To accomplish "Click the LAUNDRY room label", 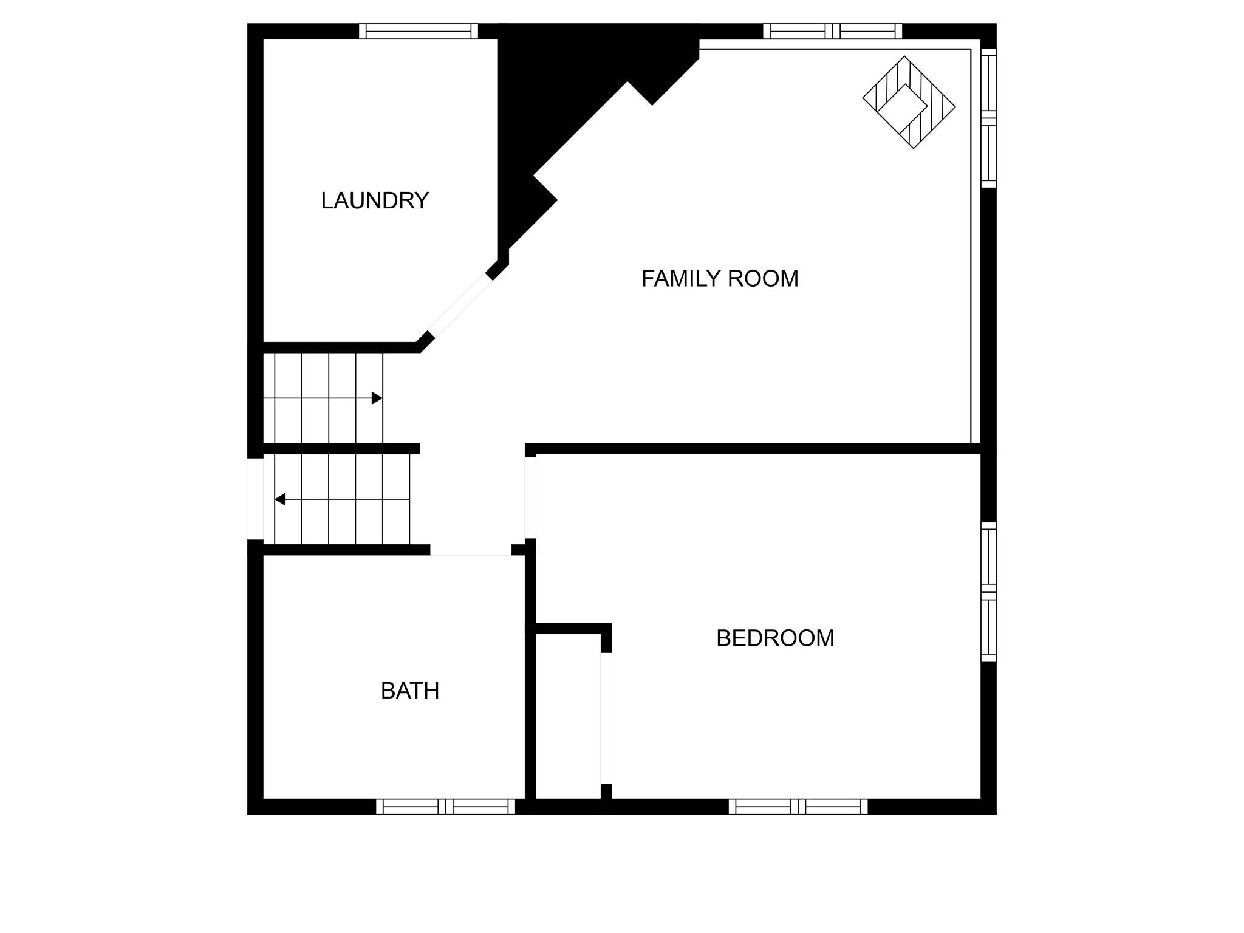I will (x=375, y=200).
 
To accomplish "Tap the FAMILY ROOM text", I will (x=720, y=279).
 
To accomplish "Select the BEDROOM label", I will (x=775, y=638).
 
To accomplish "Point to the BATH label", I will (x=410, y=691).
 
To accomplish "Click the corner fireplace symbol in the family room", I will (x=909, y=103).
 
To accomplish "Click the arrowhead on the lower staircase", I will (x=280, y=499).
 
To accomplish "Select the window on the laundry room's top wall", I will (x=419, y=31).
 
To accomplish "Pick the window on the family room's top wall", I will (x=832, y=31).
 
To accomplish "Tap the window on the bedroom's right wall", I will (x=989, y=592).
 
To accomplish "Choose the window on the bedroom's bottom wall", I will (x=798, y=807).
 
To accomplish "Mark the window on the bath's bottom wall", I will (x=445, y=807).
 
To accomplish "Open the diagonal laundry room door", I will (x=460, y=306).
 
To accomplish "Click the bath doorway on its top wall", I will (x=471, y=550).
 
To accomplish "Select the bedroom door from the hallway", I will (x=530, y=497).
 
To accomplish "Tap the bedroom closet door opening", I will (x=606, y=719).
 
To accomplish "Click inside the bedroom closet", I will (x=568, y=717).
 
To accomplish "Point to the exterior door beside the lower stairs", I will (x=255, y=499).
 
